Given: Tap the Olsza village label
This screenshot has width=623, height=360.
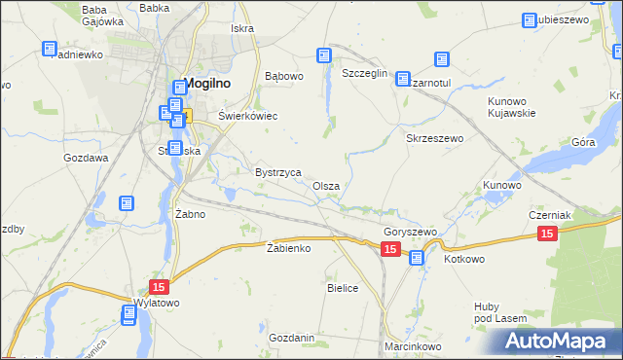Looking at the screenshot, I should point(326,186).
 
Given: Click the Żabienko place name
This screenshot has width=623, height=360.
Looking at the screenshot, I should point(288,248).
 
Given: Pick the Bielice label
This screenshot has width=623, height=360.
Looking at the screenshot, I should point(344,288).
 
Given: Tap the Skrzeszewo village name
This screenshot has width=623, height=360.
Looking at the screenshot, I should point(434,139).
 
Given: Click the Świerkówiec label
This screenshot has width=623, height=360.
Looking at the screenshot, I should point(247,116).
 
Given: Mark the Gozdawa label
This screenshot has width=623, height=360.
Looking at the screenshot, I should point(86,157).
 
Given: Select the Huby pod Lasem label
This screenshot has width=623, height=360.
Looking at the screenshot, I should point(500,311).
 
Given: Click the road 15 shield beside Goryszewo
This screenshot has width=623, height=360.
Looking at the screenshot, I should point(390,250).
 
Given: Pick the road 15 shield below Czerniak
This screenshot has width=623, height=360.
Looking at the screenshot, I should point(547,234).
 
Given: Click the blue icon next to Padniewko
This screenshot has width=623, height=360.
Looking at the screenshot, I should point(50,49).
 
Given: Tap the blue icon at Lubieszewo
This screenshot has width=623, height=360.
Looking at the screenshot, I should point(531,20).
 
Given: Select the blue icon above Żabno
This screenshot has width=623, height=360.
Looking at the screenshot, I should point(127,203).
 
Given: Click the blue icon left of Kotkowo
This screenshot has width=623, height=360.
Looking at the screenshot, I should point(417,258).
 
